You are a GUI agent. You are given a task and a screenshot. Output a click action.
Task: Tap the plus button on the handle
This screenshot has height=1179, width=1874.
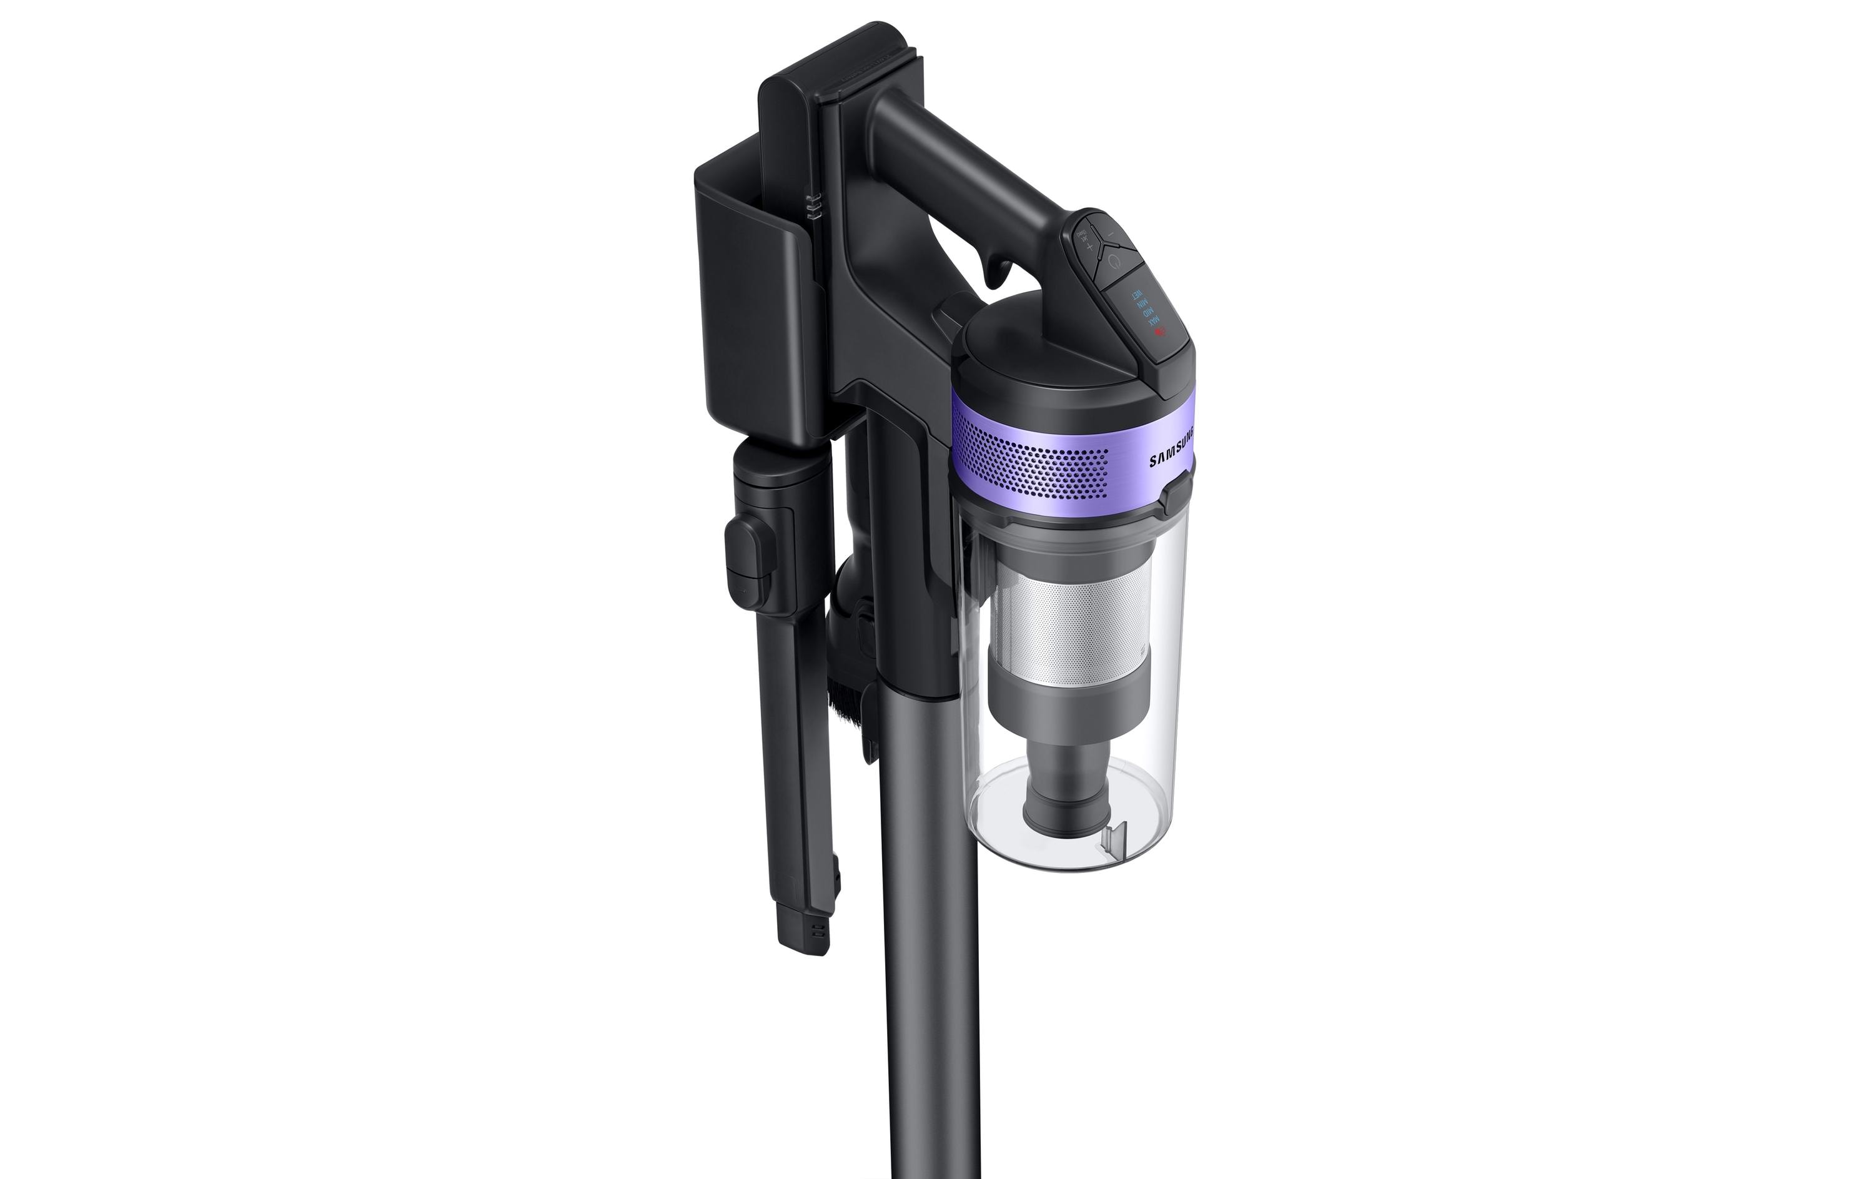tap(1089, 247)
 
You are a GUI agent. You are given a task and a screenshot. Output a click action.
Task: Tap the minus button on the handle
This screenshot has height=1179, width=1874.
tap(1111, 234)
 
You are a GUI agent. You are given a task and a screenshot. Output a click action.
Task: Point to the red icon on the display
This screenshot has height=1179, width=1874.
tap(1161, 332)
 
